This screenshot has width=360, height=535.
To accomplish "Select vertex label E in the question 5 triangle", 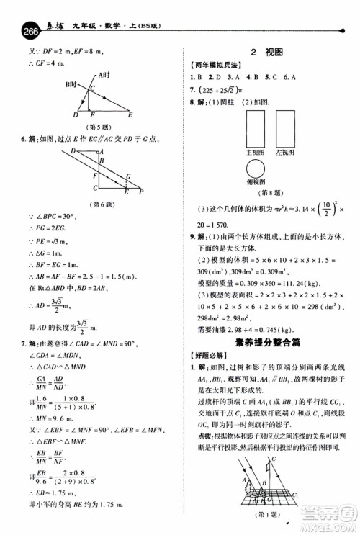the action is point(130,114).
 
